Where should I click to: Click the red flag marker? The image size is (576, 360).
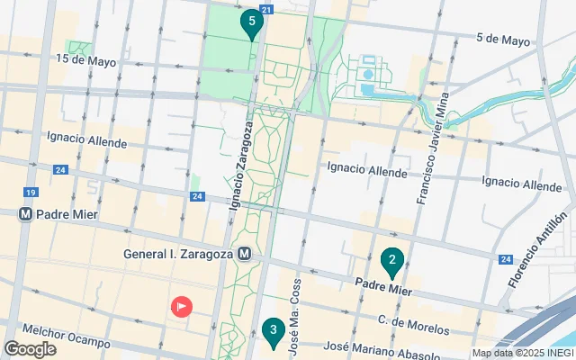tap(182, 307)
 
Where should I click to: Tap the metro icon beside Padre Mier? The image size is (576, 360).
tap(26, 216)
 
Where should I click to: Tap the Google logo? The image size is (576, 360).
tap(30, 349)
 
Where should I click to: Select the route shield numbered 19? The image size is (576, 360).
tap(31, 193)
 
